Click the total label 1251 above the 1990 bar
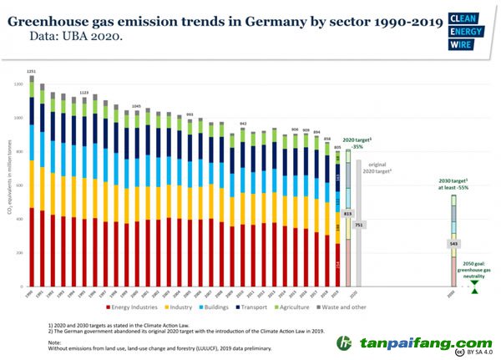pyautogui.click(x=31, y=72)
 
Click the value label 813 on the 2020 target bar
pyautogui.click(x=348, y=215)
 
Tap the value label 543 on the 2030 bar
pyautogui.click(x=453, y=244)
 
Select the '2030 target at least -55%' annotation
pyautogui.click(x=453, y=185)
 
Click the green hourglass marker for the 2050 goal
pyautogui.click(x=474, y=286)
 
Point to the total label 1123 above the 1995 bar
pyautogui.click(x=83, y=93)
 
